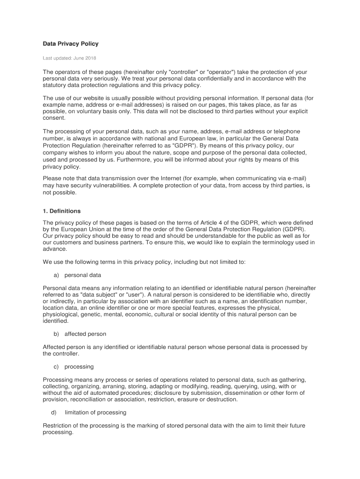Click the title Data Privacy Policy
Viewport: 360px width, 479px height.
(x=71, y=44)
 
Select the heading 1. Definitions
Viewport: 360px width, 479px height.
(x=62, y=211)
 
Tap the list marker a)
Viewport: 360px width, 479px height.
(x=57, y=275)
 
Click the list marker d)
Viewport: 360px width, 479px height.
(x=53, y=412)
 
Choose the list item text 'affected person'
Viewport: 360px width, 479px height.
(x=85, y=334)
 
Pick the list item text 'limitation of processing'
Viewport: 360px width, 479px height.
(x=95, y=412)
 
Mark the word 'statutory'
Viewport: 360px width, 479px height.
(x=56, y=85)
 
